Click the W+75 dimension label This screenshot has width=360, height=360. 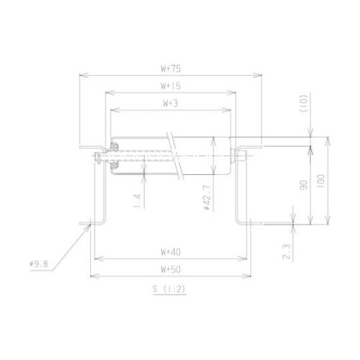171,69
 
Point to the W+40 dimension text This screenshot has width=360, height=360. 171,251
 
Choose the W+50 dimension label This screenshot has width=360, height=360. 171,269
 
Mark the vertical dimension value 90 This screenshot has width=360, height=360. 303,185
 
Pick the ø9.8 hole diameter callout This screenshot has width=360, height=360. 38,264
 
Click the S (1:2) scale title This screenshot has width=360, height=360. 170,290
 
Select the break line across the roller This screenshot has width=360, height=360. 175,154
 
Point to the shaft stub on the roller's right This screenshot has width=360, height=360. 245,153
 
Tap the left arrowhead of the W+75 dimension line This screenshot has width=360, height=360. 78,75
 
